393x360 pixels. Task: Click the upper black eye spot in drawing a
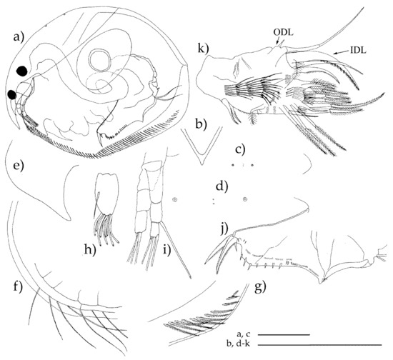(x=22, y=71)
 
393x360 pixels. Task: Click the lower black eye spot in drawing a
(x=11, y=95)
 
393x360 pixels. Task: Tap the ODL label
(x=283, y=33)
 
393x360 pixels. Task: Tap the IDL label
(x=358, y=50)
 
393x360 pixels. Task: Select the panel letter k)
(x=203, y=49)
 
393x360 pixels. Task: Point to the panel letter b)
(x=202, y=124)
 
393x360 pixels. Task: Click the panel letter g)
(x=261, y=287)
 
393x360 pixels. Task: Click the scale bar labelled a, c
(x=284, y=334)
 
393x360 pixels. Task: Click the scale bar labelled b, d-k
(x=319, y=345)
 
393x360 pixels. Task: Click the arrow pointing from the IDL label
(x=341, y=52)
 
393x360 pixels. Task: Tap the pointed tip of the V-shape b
(x=202, y=164)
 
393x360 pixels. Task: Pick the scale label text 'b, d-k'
(x=239, y=344)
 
